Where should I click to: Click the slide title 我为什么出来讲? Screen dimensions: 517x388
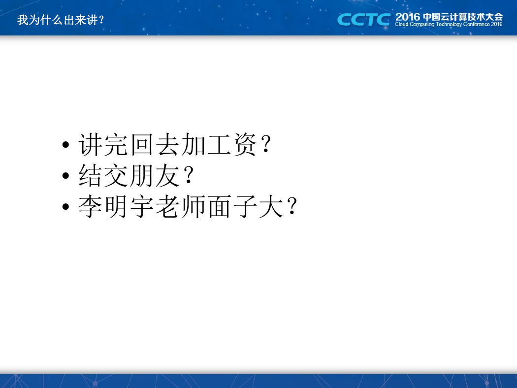tap(61, 20)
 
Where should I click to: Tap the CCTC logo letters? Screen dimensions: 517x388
tap(364, 20)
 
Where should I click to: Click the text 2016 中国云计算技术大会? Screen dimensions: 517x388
tap(449, 17)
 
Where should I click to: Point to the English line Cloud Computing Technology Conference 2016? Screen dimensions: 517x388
tap(449, 25)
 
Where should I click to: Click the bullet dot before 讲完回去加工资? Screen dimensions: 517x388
tap(65, 145)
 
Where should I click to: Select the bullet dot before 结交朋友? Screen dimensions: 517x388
tap(65, 175)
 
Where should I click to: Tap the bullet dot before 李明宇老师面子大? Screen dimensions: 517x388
tap(65, 207)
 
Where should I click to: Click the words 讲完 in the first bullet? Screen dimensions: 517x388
tap(103, 145)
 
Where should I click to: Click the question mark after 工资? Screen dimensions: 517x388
tap(266, 145)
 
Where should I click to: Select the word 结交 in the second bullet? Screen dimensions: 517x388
tap(103, 175)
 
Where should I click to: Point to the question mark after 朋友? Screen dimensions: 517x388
tap(189, 175)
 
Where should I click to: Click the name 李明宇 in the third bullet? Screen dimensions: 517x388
tap(116, 207)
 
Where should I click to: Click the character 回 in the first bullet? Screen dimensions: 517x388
tap(142, 145)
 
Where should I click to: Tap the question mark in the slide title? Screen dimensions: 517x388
tap(101, 20)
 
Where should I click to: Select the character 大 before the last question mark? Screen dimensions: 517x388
tap(271, 207)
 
